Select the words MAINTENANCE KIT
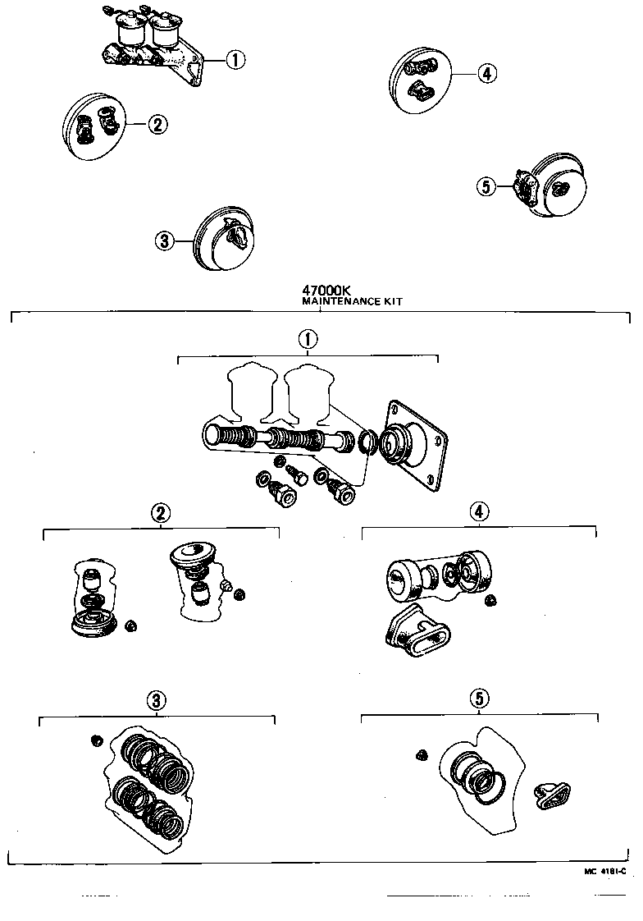coord(352,301)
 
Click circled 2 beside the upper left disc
coord(157,124)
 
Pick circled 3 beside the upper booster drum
coord(164,241)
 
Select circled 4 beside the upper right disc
coord(486,74)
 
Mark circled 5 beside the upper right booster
coord(486,186)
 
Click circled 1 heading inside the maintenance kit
coord(307,339)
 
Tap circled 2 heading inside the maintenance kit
coord(160,513)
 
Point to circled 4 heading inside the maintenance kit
coord(479,511)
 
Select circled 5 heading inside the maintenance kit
coord(479,698)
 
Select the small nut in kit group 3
coord(97,741)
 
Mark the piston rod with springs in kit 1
coord(279,438)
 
